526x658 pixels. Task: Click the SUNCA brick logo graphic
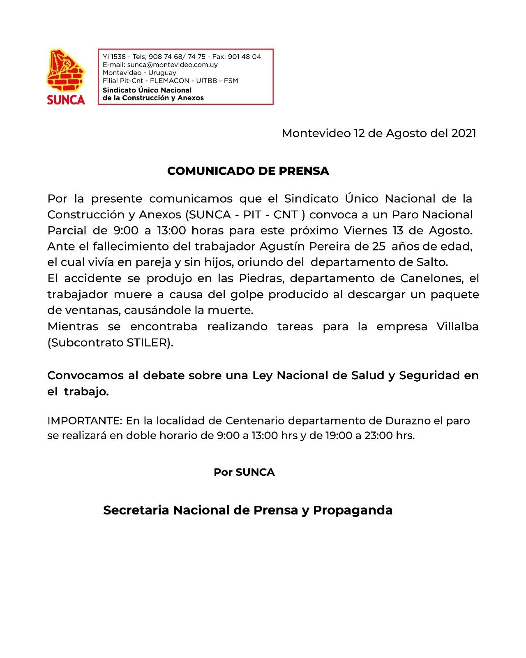point(66,71)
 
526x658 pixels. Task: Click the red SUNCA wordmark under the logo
point(66,100)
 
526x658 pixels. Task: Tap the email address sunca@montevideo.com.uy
point(173,65)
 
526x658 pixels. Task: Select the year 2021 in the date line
point(464,133)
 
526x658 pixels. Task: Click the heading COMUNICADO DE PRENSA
point(248,171)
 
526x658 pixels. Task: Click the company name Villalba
point(457,327)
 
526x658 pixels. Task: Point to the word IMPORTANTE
point(84,421)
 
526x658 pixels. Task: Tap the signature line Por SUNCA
point(244,472)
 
